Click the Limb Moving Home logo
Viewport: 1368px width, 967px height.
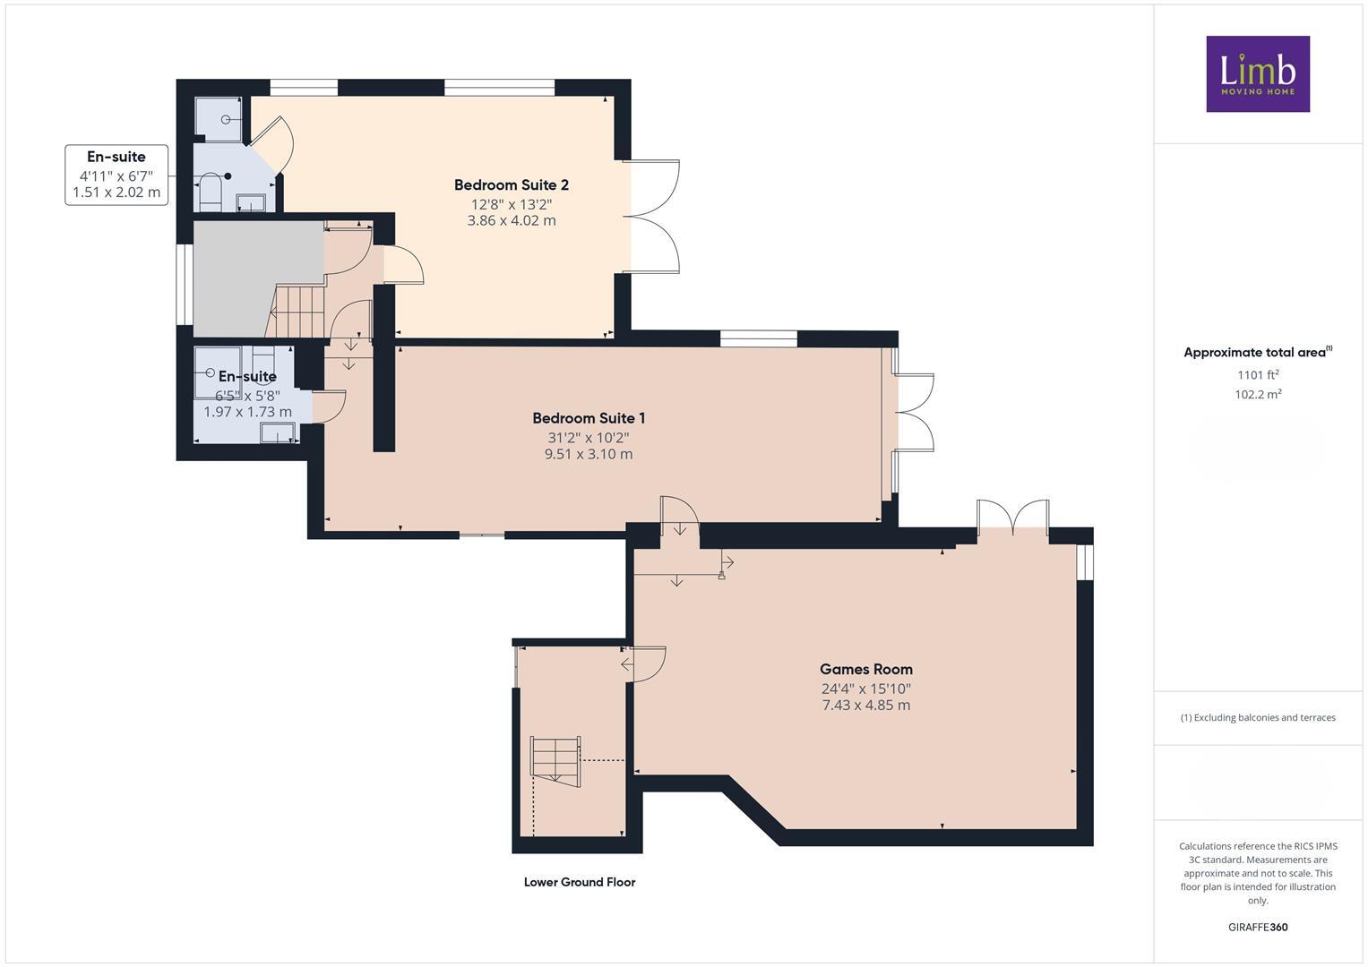1257,73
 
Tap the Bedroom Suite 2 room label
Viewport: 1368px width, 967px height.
511,185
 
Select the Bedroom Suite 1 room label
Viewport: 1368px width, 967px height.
589,418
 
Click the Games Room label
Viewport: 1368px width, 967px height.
865,669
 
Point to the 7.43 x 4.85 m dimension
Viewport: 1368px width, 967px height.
865,706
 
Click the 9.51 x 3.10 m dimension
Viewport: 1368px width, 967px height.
589,454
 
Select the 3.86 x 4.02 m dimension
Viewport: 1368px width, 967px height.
511,220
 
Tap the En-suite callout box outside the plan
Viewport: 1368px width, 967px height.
116,175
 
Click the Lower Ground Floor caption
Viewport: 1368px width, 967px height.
579,882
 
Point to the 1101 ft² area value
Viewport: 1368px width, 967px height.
1257,375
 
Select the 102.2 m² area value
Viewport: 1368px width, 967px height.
1257,394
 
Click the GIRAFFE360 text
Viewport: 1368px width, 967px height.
1257,927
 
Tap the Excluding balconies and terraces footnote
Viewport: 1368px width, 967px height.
1257,717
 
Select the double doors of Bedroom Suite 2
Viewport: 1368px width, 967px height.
654,217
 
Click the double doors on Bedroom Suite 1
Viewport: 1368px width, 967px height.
912,412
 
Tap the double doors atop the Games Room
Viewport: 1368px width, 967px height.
1012,518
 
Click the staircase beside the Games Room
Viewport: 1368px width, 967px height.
555,758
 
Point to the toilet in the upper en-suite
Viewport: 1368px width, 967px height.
209,191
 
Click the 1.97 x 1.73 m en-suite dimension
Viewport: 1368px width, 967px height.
247,412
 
